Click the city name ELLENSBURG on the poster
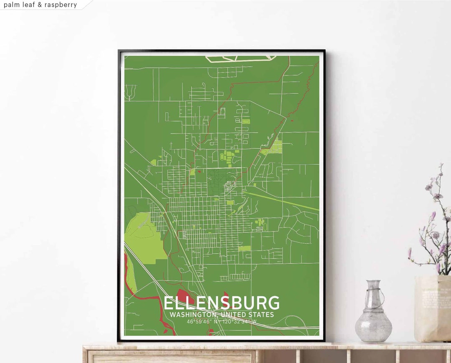point(221,303)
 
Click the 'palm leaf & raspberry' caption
point(41,5)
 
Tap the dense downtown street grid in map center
point(200,217)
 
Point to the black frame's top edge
point(221,51)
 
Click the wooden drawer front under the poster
point(171,357)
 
